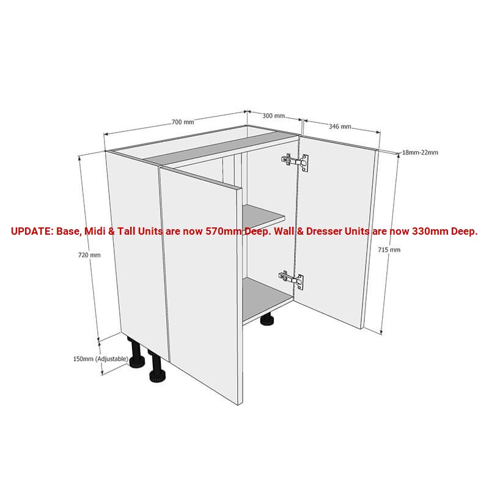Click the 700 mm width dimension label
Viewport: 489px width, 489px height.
pos(183,122)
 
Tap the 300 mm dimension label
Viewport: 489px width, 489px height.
pos(273,116)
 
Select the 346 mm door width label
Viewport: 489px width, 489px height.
pos(340,127)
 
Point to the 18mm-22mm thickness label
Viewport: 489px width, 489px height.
pos(420,152)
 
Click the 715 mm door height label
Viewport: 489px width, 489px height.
pos(389,249)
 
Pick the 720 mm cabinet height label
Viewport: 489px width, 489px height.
pos(89,255)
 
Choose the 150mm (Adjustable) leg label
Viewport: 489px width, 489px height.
pos(100,359)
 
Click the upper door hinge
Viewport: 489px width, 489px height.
pos(295,161)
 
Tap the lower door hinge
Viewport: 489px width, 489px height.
pos(291,280)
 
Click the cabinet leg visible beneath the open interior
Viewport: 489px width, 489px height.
pos(267,319)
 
